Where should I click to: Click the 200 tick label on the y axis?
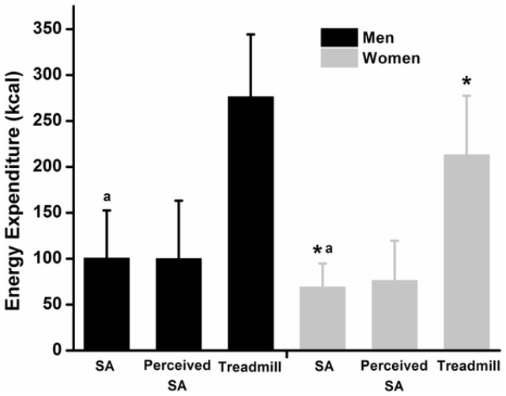click(x=53, y=167)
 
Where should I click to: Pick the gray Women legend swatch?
click(x=340, y=58)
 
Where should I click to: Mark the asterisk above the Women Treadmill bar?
click(x=466, y=82)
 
